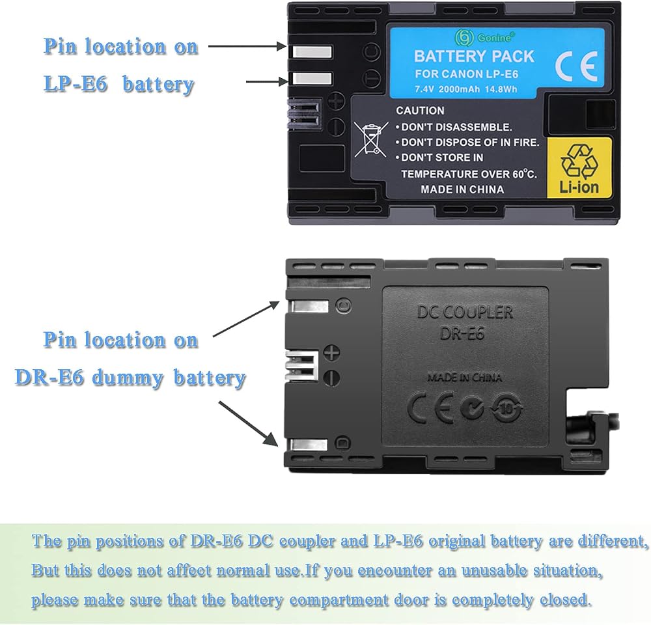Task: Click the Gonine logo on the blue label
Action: click(x=484, y=37)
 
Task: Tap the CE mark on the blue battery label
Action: click(x=576, y=66)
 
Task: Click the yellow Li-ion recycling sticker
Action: click(x=579, y=167)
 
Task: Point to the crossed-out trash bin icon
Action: click(x=370, y=139)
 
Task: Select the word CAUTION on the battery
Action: click(x=420, y=111)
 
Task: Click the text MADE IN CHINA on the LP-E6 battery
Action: click(x=462, y=189)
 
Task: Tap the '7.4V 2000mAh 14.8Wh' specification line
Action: click(x=466, y=89)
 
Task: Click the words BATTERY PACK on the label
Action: click(x=474, y=57)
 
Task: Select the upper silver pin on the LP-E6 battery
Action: click(x=312, y=52)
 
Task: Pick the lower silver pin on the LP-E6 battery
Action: click(x=312, y=77)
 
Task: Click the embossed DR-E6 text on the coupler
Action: click(x=462, y=333)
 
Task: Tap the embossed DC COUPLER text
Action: click(x=465, y=312)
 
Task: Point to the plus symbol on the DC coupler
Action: click(x=332, y=353)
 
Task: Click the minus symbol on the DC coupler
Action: click(x=332, y=378)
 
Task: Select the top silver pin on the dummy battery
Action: click(x=310, y=307)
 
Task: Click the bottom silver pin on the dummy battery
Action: click(x=309, y=445)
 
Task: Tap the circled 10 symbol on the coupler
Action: click(x=506, y=409)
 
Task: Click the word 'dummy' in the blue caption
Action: click(x=128, y=378)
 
